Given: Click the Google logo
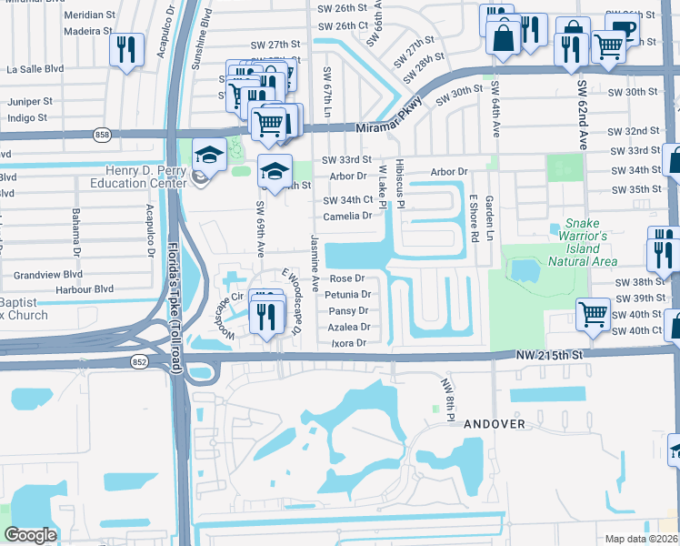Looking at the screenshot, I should point(30,535).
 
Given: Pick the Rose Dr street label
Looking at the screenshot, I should point(346,278).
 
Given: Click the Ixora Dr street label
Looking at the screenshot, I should point(348,343).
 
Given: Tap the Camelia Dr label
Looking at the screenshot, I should point(349,216).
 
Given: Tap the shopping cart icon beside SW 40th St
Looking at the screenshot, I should point(593,315).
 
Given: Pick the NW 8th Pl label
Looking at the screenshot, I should point(448,400).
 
